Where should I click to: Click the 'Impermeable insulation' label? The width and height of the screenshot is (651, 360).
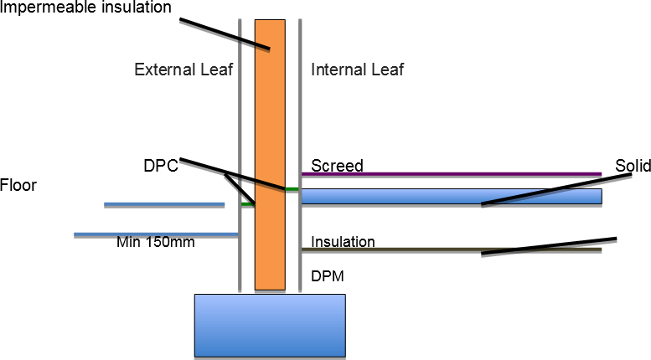point(85,8)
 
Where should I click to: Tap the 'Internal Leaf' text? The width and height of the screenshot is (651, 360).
point(357,69)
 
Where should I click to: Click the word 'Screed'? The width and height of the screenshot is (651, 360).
point(337,166)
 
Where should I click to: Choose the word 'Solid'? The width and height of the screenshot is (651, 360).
point(633,166)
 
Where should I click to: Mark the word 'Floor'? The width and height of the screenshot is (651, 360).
point(19,184)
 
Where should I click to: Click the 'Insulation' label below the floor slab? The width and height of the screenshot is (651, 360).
point(343,242)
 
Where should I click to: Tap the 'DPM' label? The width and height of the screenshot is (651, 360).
point(327,275)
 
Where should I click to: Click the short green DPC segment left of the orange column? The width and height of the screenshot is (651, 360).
point(247,203)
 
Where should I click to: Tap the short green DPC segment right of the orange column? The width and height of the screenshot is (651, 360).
point(292,189)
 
